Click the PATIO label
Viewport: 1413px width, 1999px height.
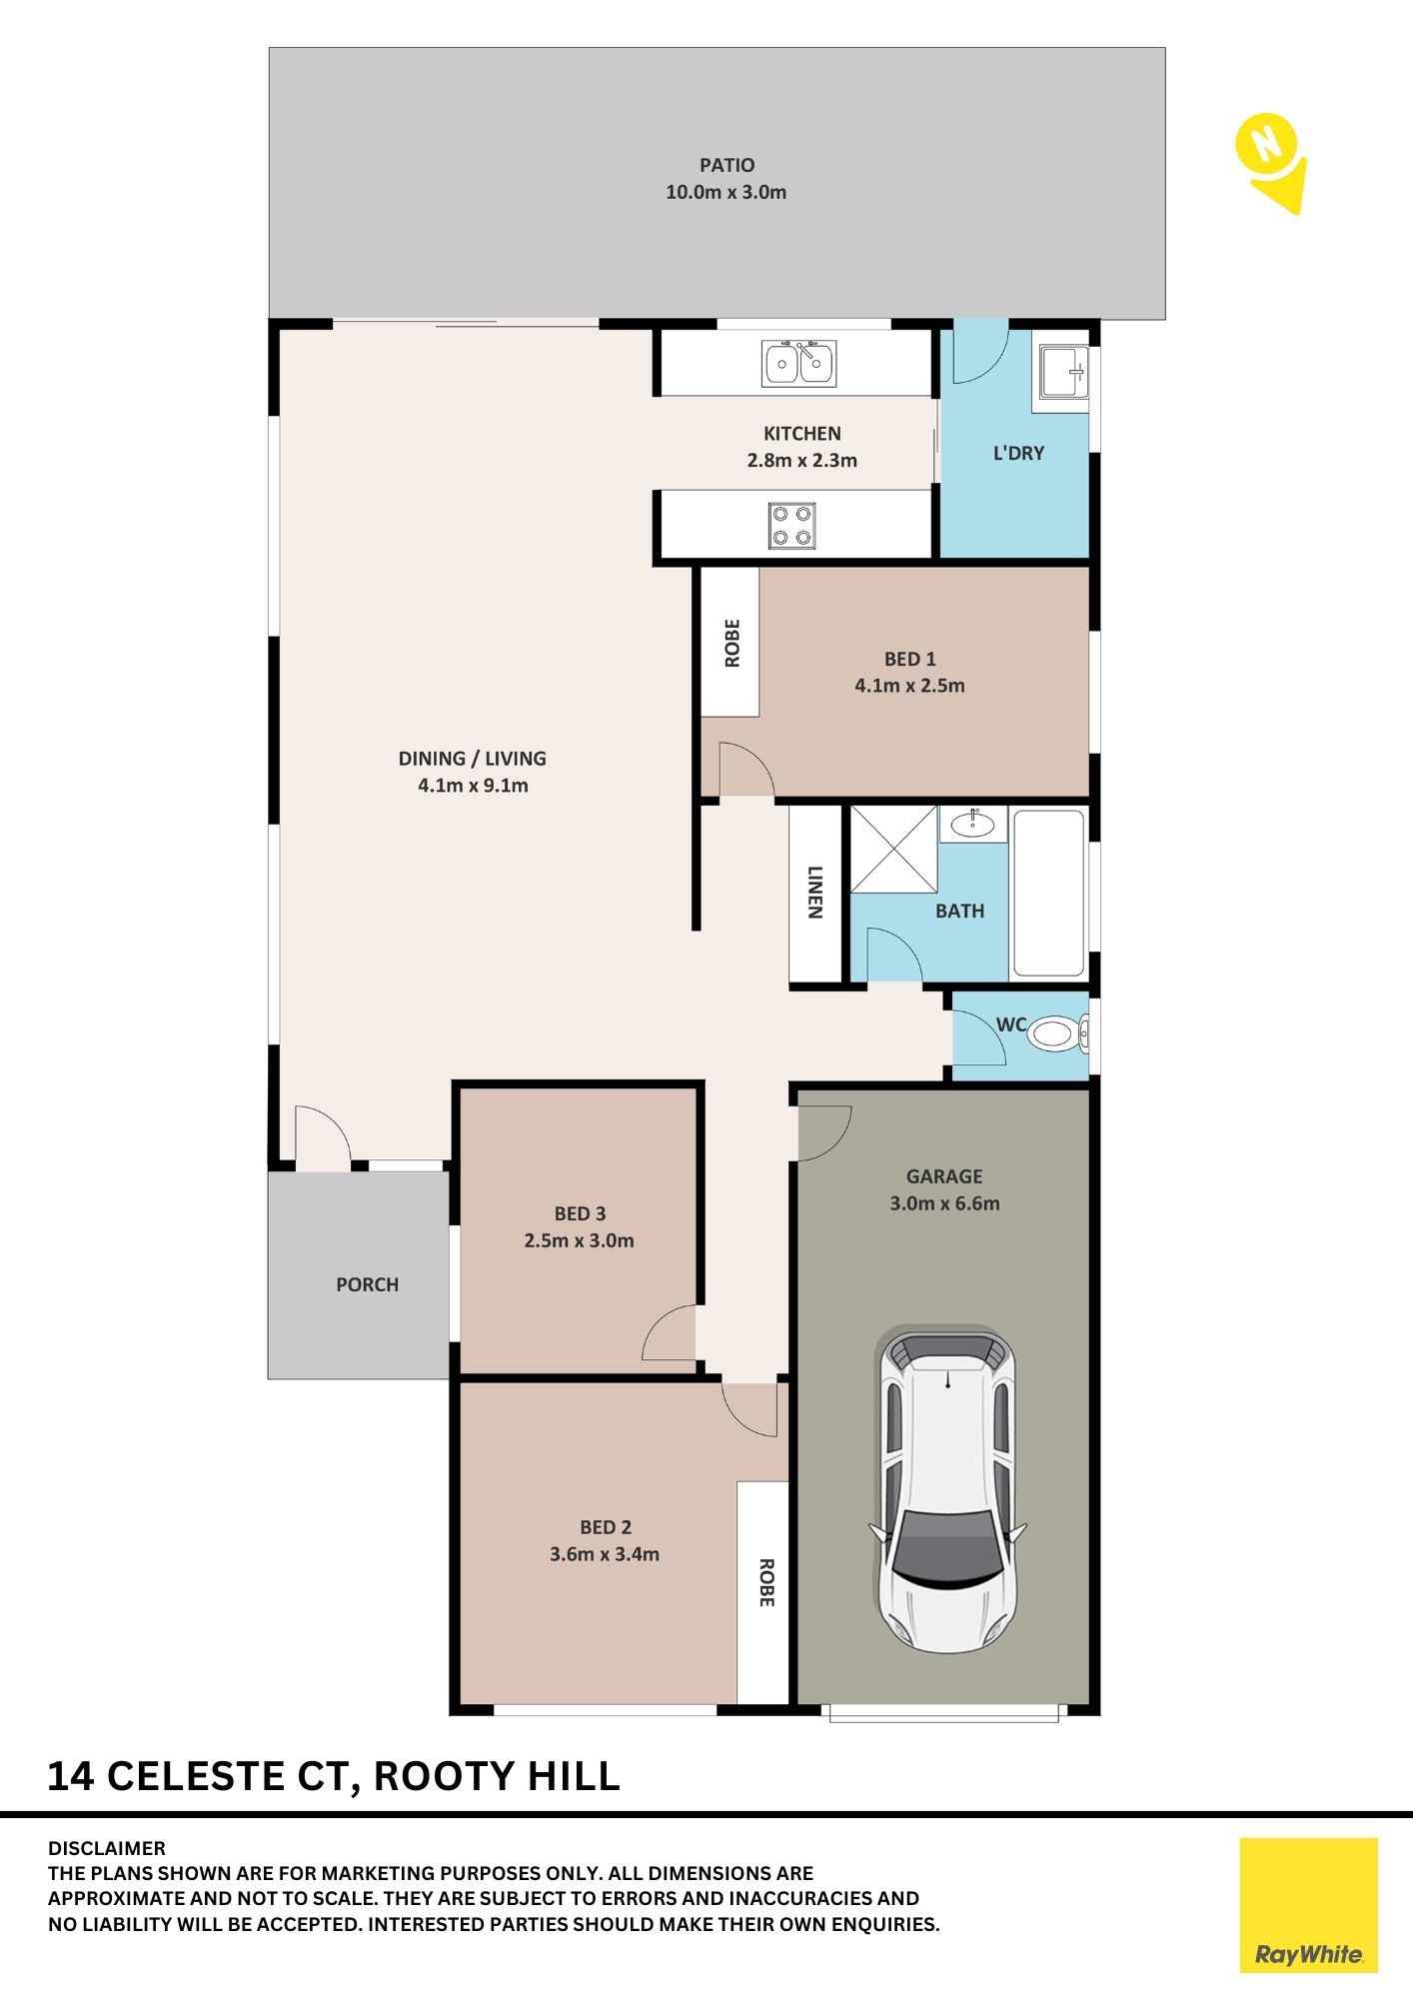coord(726,165)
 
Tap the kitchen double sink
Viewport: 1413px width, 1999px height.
coord(798,363)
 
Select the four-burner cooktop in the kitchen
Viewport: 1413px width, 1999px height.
coord(791,526)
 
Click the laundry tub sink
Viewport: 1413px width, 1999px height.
coord(1063,372)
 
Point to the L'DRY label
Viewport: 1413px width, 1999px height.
coord(1018,453)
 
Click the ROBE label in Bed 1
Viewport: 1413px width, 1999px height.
coord(732,643)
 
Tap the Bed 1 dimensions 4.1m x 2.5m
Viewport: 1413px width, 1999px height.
coord(909,686)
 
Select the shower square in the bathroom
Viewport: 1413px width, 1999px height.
coord(893,849)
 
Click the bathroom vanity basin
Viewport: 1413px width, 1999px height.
coord(972,824)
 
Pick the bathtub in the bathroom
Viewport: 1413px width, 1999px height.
coord(1049,893)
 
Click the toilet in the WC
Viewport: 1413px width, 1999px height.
coord(1056,1033)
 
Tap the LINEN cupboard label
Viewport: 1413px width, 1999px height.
coord(815,893)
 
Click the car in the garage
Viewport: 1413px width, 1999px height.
coord(946,1490)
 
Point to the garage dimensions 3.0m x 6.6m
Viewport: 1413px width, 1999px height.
coord(944,1203)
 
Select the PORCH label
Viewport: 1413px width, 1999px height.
coord(367,1284)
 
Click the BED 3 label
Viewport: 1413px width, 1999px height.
coord(580,1213)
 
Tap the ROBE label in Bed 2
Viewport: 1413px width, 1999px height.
coord(765,1583)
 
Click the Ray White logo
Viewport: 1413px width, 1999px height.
coord(1308,1905)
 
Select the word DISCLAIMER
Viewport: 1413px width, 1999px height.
coord(107,1848)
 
